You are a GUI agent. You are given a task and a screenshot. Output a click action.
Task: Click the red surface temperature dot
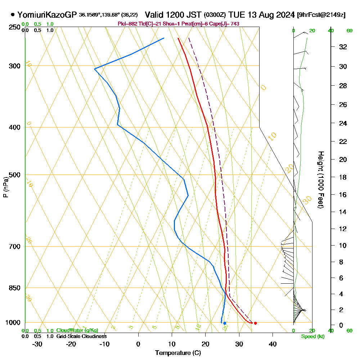tap(255, 323)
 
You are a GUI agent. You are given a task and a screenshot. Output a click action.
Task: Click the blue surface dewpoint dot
tap(225, 323)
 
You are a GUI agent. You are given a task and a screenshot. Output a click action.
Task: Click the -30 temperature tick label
tap(37, 344)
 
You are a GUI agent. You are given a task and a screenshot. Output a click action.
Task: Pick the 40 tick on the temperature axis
tap(273, 344)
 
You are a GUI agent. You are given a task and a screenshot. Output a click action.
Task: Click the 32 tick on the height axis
tap(343, 47)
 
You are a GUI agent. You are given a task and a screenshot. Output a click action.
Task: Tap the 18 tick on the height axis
tap(343, 177)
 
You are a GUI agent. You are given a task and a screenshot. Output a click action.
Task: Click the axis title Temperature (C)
tap(178, 353)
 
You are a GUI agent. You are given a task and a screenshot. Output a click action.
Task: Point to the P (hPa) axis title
tap(6, 187)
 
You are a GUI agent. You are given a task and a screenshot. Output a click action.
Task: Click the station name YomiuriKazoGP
tap(47, 15)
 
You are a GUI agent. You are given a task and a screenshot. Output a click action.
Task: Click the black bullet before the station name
tap(13, 15)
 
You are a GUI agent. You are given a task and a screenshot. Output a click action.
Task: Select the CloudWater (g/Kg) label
tap(77, 330)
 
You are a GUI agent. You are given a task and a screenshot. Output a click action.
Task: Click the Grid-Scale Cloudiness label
tap(81, 336)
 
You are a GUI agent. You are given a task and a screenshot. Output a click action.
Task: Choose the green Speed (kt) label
tap(312, 337)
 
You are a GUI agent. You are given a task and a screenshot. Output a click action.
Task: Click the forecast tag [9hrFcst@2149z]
tap(321, 15)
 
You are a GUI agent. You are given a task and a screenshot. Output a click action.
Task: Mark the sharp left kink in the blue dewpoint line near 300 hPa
tap(95, 68)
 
